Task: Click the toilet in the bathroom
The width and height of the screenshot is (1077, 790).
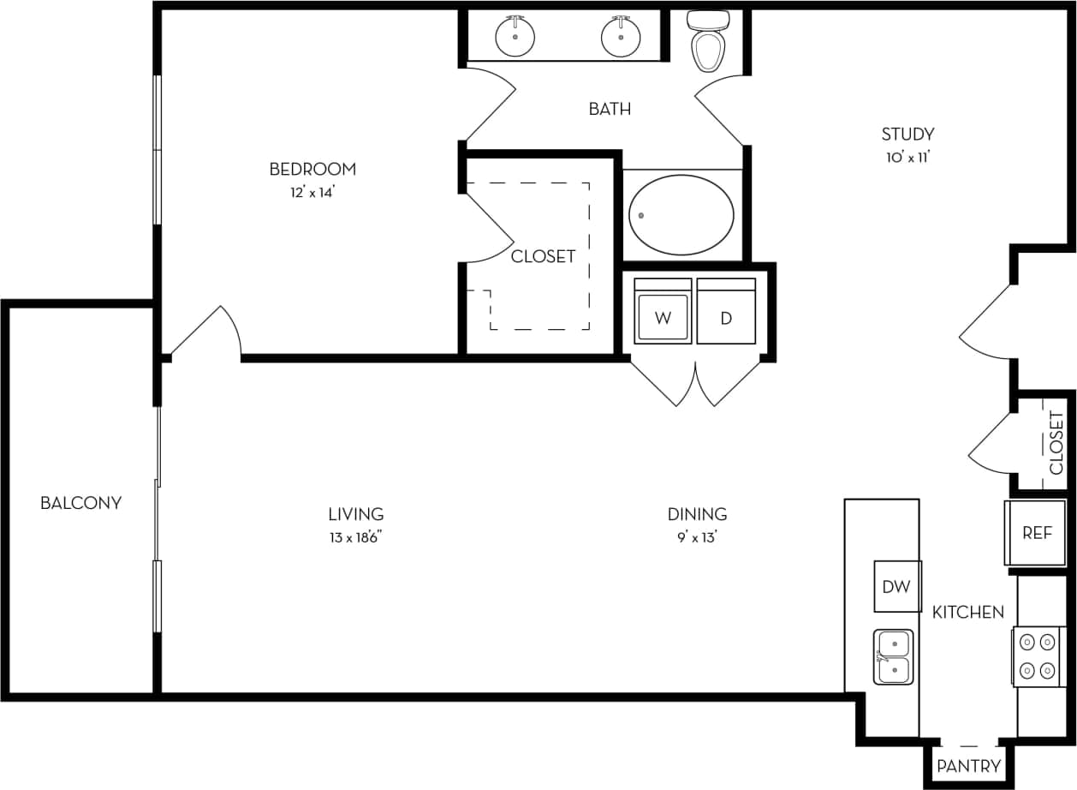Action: coord(708,45)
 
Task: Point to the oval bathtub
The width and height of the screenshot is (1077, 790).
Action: coord(681,215)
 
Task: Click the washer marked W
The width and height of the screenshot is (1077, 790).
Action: coord(663,317)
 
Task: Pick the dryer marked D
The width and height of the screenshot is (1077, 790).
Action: coord(726,317)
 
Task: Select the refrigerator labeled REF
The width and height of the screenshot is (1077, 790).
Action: coord(1036,533)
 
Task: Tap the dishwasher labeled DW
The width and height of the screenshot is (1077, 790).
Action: coord(896,586)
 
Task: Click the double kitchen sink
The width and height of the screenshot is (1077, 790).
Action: coord(893,656)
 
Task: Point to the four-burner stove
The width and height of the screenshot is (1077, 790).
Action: coord(1036,656)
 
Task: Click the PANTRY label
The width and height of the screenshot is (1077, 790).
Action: coord(968,766)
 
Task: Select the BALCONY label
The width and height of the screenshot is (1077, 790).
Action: coord(80,503)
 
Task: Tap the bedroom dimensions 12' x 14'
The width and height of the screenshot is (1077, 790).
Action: coord(312,193)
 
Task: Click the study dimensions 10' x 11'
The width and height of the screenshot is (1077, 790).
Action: coord(907,157)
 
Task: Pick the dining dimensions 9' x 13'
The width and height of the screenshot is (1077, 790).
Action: coord(697,537)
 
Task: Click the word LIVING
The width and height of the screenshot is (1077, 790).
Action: coord(356,514)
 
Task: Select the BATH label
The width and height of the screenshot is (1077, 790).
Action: coord(610,109)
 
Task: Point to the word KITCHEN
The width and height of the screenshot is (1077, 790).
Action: coord(967,612)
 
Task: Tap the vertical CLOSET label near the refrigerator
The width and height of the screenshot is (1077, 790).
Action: coord(1056,443)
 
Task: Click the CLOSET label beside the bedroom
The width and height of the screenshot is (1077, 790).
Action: coord(543,256)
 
